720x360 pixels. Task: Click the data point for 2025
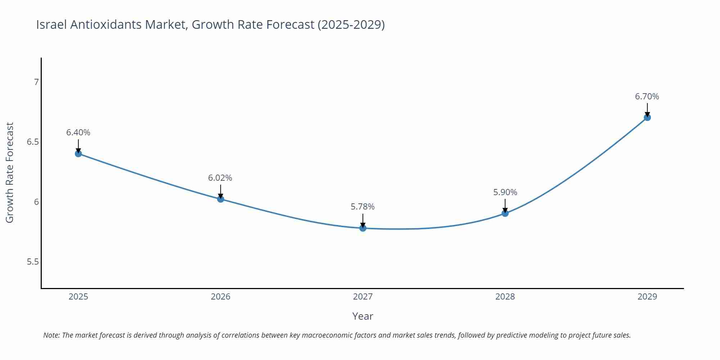[78, 154]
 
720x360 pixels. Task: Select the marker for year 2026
[221, 199]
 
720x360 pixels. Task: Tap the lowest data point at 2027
[363, 228]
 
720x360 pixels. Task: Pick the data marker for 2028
[505, 213]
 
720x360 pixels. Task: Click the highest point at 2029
[647, 117]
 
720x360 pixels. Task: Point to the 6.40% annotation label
[78, 132]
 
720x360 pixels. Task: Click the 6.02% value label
[220, 178]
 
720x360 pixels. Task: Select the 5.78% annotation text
[363, 207]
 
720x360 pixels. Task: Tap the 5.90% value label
[505, 192]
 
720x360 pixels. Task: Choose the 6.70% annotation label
[647, 96]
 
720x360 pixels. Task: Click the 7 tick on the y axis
[36, 82]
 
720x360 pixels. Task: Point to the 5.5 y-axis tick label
[33, 262]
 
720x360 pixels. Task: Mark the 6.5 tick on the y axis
[33, 142]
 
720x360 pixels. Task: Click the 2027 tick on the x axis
[363, 297]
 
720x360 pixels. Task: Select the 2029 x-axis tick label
[647, 297]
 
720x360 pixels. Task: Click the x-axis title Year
[363, 316]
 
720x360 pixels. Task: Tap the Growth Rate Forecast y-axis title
[10, 173]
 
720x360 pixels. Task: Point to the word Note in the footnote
[51, 335]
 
